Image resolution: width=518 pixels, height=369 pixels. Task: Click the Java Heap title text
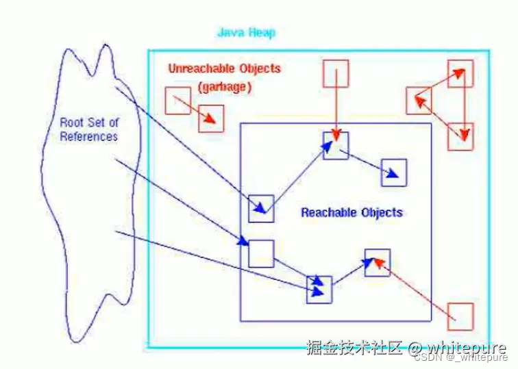(246, 33)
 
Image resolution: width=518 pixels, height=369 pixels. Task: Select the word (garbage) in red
(225, 87)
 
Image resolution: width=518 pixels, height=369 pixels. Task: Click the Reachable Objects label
(351, 212)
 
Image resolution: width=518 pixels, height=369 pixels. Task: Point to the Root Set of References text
(89, 129)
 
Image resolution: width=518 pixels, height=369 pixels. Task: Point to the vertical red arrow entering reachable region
(336, 105)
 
